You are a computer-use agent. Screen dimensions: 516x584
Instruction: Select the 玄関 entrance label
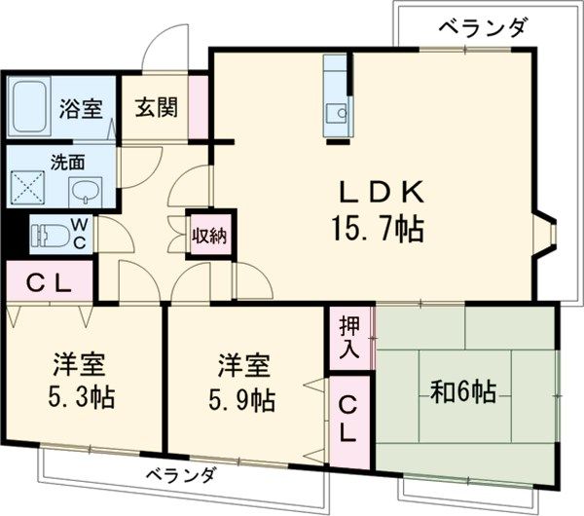tap(156, 107)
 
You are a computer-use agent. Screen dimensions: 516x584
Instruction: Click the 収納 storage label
tap(211, 235)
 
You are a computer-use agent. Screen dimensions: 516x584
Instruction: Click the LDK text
tap(379, 190)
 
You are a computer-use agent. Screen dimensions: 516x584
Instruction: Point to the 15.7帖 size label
tap(378, 230)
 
